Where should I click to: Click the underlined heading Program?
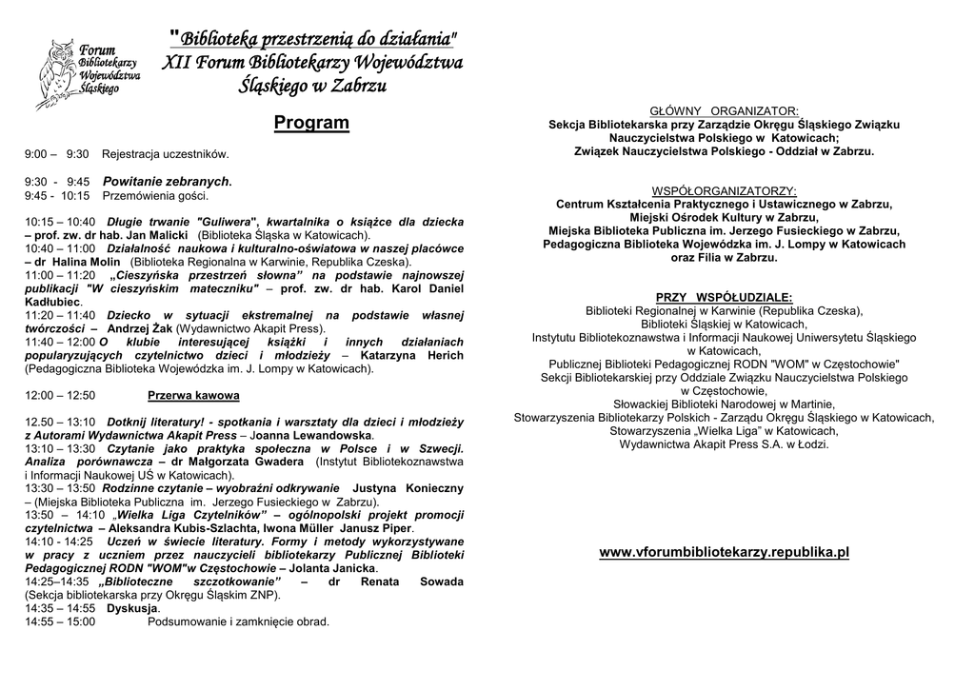coord(311,123)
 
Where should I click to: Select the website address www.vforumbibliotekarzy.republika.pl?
coord(724,552)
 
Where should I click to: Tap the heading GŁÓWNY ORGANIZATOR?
coord(724,110)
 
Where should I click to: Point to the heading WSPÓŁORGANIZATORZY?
coord(724,190)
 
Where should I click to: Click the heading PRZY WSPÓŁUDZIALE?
coord(724,297)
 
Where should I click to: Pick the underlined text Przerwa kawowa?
coord(193,395)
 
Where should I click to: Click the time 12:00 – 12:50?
coord(60,395)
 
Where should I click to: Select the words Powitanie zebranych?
coord(167,181)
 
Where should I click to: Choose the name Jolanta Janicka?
coord(328,568)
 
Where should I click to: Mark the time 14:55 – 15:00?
coord(60,621)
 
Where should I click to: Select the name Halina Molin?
coord(86,262)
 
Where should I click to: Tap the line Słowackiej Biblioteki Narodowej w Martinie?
coord(724,404)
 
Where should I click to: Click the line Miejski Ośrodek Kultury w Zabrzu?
coord(724,217)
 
